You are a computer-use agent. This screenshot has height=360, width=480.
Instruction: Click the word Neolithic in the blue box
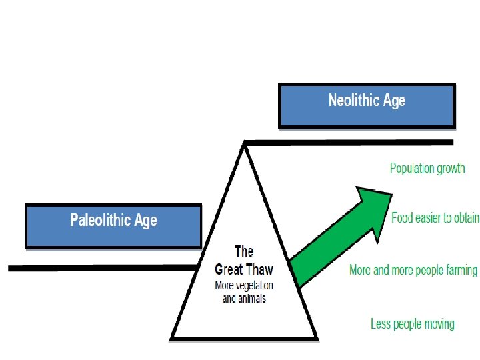tap(353, 101)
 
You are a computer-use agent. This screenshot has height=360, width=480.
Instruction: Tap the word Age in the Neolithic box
tap(393, 101)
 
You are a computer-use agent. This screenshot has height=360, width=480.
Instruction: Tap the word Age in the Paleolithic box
tap(145, 221)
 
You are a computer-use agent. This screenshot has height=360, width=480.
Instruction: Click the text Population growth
tap(427, 168)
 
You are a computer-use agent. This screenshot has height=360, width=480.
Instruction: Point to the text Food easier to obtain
tap(435, 218)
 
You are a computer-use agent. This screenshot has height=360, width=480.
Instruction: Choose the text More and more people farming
tap(413, 270)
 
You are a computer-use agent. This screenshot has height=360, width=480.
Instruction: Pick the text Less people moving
tap(413, 325)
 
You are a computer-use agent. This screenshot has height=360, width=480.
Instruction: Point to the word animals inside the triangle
tap(253, 298)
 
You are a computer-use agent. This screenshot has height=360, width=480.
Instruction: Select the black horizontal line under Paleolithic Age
tap(100, 268)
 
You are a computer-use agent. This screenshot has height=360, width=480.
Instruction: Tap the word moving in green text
tap(438, 325)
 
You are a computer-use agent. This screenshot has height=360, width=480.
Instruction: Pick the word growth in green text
tap(449, 168)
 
